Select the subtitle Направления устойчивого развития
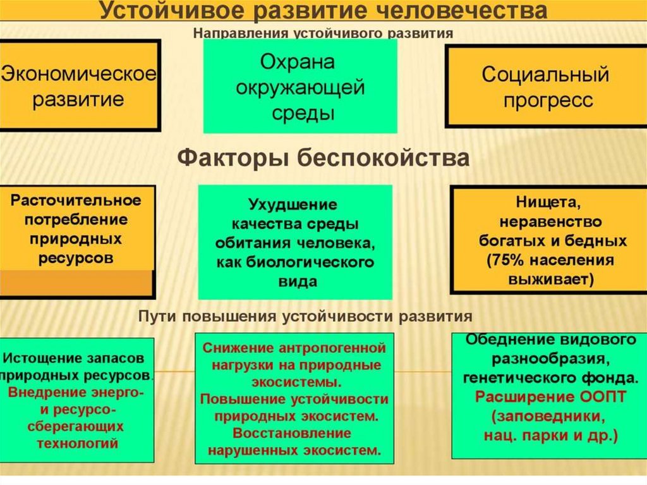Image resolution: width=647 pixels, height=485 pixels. [x=323, y=33]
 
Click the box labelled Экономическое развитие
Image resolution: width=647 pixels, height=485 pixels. [x=78, y=86]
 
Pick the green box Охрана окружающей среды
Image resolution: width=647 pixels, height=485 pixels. [x=300, y=87]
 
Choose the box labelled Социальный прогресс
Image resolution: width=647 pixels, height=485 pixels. [x=546, y=87]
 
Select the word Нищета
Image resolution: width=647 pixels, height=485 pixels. [x=548, y=204]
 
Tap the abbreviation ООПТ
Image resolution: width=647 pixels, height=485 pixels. [x=601, y=398]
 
